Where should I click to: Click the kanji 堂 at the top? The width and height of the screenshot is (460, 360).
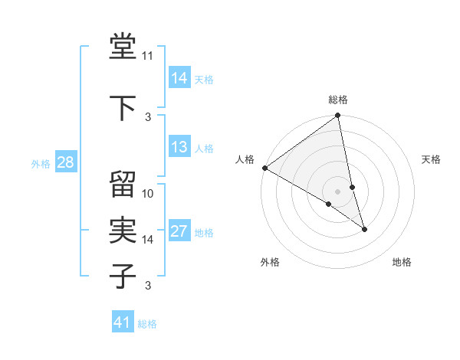click(x=123, y=47)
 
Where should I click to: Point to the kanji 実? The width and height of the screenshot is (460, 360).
click(x=123, y=229)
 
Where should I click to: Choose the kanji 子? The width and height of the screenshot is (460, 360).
click(x=123, y=275)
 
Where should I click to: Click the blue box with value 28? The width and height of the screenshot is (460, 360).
click(x=65, y=162)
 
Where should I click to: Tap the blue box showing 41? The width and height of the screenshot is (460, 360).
click(x=123, y=322)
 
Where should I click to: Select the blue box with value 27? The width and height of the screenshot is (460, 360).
click(x=179, y=232)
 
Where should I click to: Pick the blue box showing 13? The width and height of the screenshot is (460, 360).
click(x=179, y=147)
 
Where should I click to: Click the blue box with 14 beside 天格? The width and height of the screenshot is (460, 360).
click(x=179, y=77)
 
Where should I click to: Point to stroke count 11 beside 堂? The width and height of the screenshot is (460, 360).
click(x=148, y=56)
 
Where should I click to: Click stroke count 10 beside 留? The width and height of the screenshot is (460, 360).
click(x=148, y=194)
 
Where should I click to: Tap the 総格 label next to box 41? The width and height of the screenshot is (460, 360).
click(x=147, y=324)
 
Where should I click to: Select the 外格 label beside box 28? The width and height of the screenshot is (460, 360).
click(x=40, y=163)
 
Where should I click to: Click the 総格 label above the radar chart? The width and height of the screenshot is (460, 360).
click(x=338, y=100)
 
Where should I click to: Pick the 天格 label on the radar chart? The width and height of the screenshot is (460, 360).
click(x=431, y=159)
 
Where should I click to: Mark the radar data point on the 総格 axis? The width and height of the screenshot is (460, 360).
click(x=338, y=116)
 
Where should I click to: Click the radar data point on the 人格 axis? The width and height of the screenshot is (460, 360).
click(x=264, y=168)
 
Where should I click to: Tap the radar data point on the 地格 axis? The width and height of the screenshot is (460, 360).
click(x=364, y=229)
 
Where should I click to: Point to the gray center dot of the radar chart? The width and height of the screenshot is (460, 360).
click(x=337, y=191)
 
